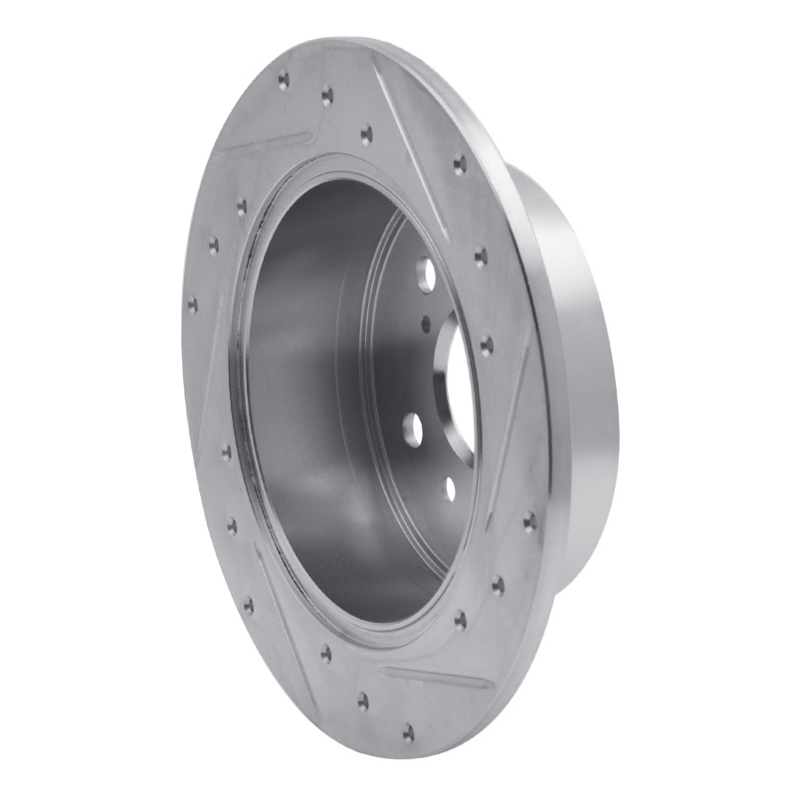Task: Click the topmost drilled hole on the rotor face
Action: click(x=284, y=79)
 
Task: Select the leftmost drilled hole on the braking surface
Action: click(x=192, y=304)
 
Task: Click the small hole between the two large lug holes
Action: click(x=426, y=323)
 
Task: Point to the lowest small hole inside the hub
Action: click(x=450, y=488)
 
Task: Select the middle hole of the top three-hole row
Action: click(x=326, y=96)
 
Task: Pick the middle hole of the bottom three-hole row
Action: click(x=363, y=700)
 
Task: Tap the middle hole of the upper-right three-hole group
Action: click(x=480, y=257)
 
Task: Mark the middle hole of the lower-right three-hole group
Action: click(x=497, y=585)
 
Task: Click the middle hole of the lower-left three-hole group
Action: click(x=232, y=525)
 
